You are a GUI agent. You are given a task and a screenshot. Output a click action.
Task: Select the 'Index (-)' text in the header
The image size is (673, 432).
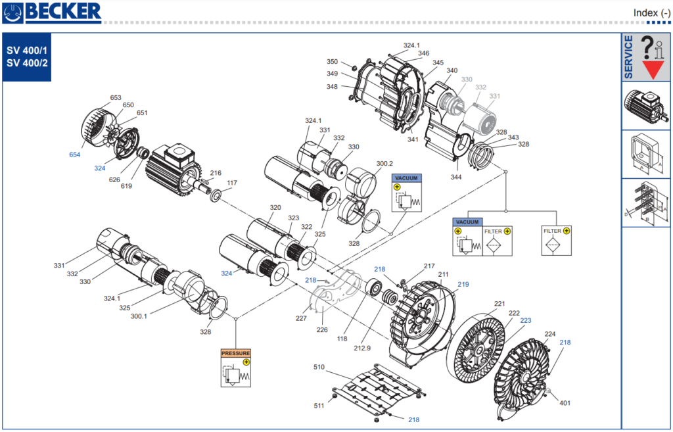[x=651, y=12]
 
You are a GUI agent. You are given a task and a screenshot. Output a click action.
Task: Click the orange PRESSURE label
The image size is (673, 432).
[x=235, y=353]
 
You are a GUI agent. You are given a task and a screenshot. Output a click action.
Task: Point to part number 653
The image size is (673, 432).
[x=116, y=97]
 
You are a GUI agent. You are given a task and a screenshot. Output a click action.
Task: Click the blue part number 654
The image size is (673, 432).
[x=75, y=155]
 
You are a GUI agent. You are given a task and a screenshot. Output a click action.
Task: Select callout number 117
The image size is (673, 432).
[x=232, y=183]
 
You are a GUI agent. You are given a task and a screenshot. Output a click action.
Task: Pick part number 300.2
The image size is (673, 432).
[x=384, y=163]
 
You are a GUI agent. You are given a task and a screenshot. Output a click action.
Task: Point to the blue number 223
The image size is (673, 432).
[x=526, y=320]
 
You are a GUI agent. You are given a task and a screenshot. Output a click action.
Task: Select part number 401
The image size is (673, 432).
[x=565, y=403]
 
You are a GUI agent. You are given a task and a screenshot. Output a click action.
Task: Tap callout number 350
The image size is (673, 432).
[x=333, y=62]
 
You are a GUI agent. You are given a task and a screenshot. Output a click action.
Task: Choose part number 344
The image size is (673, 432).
[x=455, y=178]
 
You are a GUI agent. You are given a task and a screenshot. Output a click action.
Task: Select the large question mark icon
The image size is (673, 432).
[x=647, y=46]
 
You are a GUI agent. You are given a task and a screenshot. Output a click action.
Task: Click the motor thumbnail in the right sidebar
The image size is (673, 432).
[x=646, y=105]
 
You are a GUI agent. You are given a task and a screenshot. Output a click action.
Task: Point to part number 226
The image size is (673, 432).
[x=322, y=329]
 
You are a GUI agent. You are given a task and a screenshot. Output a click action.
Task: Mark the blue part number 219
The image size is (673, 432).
[x=463, y=284]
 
